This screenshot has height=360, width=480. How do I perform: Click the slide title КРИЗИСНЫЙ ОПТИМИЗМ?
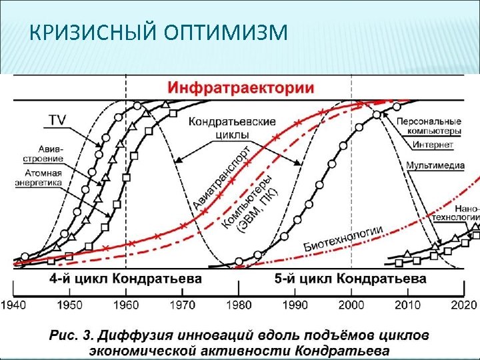[159, 32]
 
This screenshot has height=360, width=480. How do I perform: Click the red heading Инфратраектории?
[241, 87]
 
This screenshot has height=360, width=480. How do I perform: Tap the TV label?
[57, 120]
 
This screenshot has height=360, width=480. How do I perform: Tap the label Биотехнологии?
[343, 237]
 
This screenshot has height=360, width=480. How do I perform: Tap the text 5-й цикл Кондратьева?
[351, 278]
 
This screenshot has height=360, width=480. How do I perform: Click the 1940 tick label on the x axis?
[13, 305]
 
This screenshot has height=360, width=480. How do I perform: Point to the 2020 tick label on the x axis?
[464, 305]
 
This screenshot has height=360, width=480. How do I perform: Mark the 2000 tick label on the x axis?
[351, 305]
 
